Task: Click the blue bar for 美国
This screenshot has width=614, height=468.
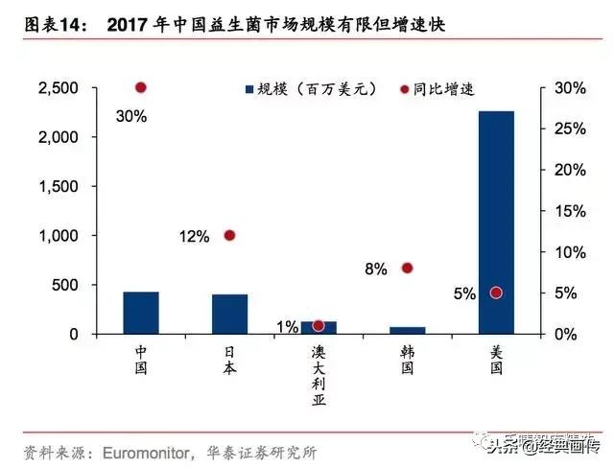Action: point(496,222)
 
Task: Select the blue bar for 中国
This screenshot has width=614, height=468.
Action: point(141,313)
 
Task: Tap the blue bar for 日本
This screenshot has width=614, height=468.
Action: point(229,314)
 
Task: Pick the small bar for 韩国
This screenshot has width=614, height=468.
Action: point(407,330)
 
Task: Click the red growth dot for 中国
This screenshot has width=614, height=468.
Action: point(141,87)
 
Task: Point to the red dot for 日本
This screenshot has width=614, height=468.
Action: point(229,235)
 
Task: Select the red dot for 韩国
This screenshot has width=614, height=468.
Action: point(407,268)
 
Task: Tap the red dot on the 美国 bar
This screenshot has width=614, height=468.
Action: point(496,292)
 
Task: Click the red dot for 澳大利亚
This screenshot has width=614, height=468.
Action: point(319,326)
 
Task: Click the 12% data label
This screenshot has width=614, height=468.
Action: point(192,237)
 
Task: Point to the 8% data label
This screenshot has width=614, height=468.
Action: point(376,270)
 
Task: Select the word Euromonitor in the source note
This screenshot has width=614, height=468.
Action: point(137,451)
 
